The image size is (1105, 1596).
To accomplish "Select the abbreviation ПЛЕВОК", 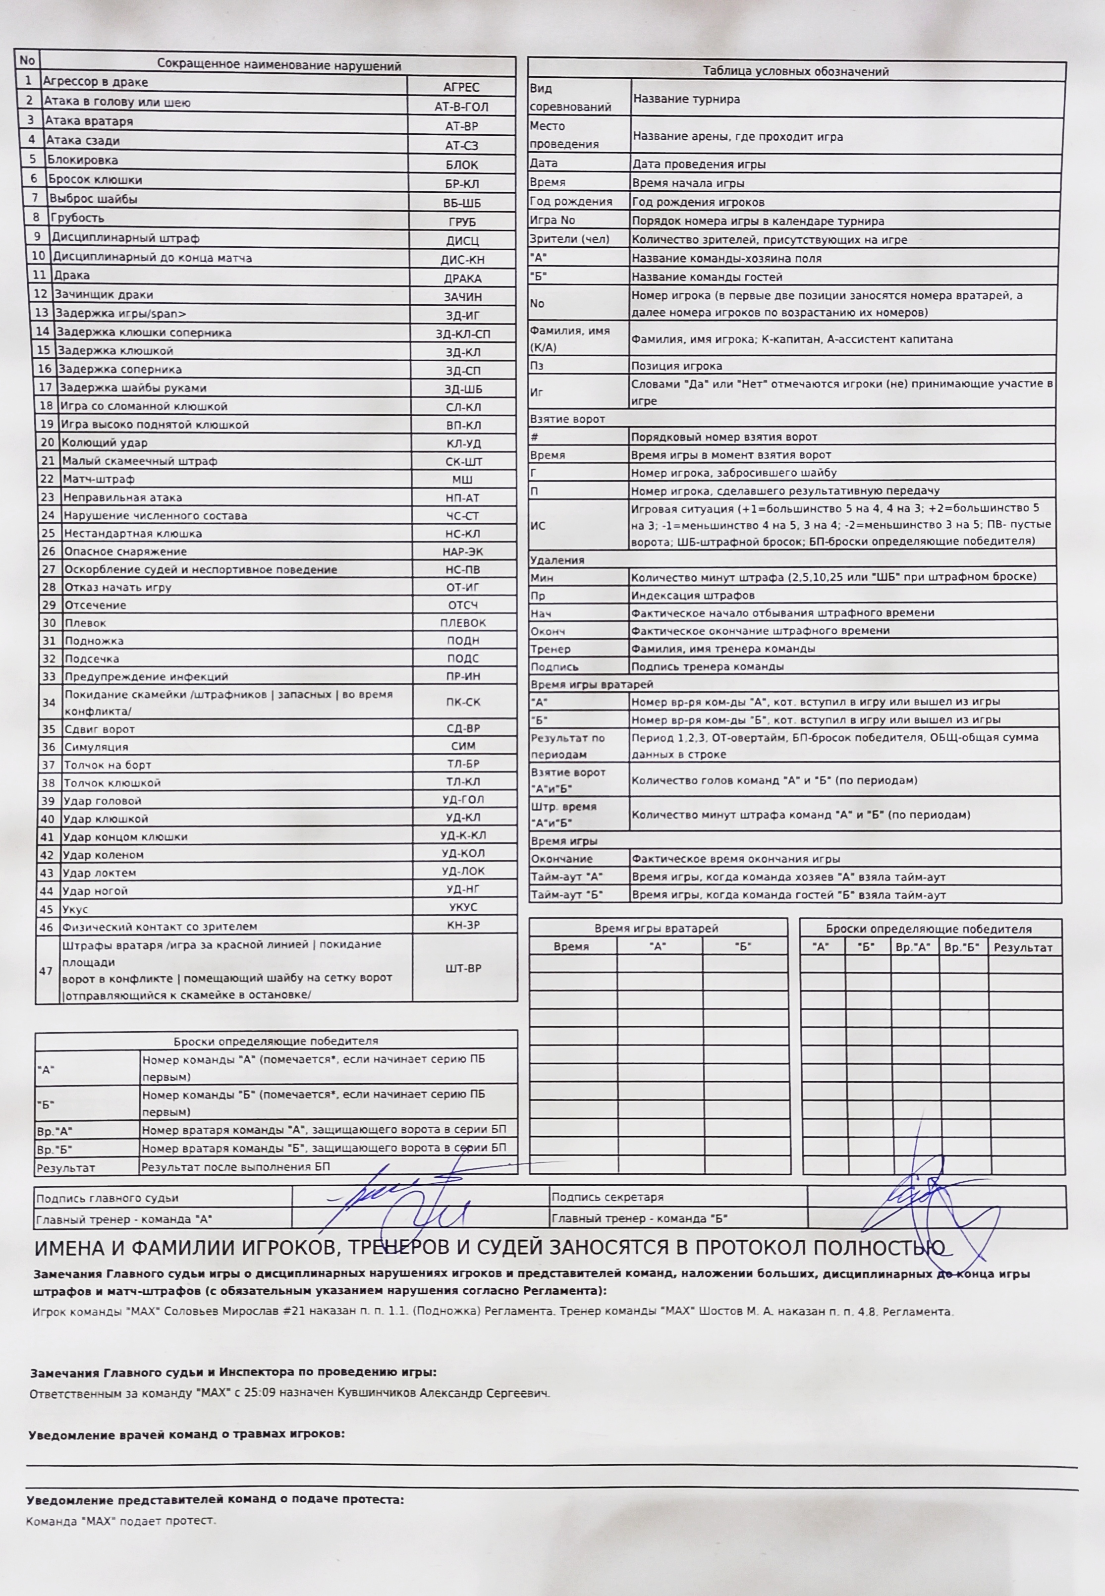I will click(x=463, y=622).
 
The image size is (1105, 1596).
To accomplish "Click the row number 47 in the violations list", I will click(x=46, y=971).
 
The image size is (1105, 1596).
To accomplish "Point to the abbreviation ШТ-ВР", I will click(x=463, y=968).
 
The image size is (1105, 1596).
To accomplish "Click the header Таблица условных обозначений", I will click(x=795, y=71).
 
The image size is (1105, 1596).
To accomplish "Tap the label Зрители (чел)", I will click(x=569, y=239).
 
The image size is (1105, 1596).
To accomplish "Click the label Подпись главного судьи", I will click(x=108, y=1198).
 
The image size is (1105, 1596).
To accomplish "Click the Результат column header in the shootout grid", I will click(x=1023, y=948).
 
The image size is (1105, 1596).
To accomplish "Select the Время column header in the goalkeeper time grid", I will click(x=571, y=946).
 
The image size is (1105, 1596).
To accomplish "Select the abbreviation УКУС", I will click(x=463, y=907).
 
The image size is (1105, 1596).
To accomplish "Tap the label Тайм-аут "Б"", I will click(x=566, y=894).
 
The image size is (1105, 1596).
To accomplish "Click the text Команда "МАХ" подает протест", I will click(x=121, y=1521).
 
